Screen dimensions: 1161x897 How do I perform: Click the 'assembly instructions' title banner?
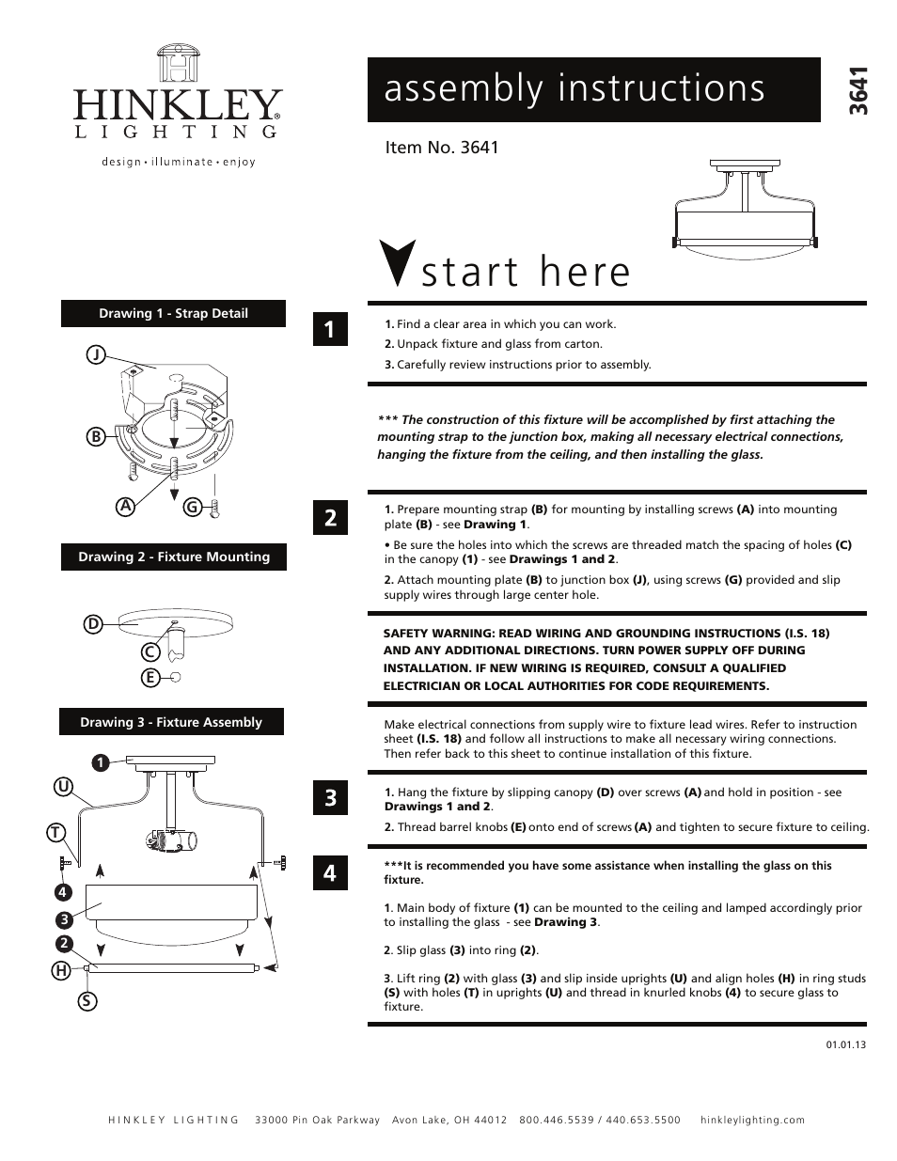point(593,89)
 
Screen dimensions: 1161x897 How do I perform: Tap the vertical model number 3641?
point(857,91)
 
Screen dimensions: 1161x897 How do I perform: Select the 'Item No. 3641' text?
point(442,148)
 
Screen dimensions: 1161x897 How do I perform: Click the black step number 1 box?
point(330,329)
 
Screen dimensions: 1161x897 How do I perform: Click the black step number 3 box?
point(330,798)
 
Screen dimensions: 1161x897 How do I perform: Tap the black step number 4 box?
point(330,873)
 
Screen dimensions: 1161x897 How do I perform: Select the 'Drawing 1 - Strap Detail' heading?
point(173,314)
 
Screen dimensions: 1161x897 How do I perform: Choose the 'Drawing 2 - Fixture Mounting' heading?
point(173,557)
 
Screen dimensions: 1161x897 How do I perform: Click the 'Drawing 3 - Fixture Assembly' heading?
point(171,722)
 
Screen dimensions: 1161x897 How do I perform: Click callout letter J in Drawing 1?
point(96,354)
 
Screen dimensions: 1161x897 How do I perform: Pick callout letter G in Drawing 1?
point(192,507)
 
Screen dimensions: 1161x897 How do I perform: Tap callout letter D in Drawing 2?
point(93,624)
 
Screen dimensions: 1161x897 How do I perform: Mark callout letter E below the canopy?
point(149,677)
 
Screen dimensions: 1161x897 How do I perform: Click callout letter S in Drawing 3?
point(87,1000)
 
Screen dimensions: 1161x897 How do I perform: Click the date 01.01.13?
point(846,1044)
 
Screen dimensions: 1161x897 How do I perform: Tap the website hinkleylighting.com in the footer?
point(752,1120)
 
